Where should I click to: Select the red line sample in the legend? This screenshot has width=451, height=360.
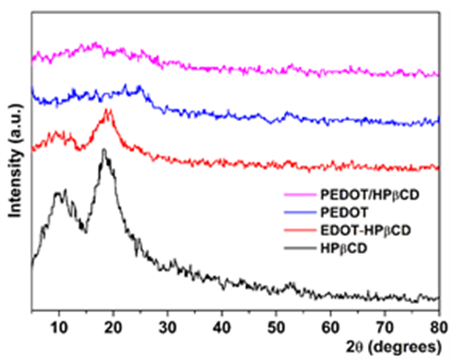[295, 227]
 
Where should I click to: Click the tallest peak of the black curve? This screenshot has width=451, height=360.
[104, 150]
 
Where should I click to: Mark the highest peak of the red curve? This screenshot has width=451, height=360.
[108, 110]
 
